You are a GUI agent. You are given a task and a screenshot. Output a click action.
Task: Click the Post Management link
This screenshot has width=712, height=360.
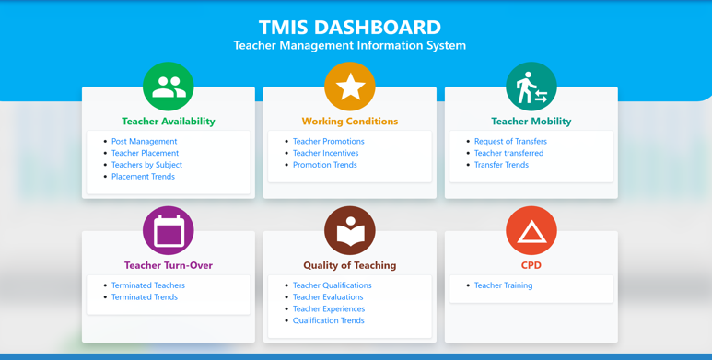145,141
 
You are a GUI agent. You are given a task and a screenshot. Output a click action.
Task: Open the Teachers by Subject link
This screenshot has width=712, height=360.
146,165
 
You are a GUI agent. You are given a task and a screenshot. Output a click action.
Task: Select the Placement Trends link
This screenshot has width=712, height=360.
143,177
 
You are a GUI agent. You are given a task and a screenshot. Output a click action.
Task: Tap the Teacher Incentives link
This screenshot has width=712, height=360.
325,153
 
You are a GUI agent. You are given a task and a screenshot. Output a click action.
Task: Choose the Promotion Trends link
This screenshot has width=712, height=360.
324,165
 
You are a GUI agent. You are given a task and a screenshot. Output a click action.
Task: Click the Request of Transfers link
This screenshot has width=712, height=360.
510,141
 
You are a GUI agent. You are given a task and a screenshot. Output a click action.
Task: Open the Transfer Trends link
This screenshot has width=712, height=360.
501,165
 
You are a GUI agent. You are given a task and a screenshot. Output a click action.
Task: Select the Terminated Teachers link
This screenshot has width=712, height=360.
148,285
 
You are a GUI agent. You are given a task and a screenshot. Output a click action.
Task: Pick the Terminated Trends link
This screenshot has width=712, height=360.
145,296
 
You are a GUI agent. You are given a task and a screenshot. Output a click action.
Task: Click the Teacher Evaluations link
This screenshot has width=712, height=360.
328,296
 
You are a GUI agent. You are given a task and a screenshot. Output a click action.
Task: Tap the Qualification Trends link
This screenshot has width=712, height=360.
328,320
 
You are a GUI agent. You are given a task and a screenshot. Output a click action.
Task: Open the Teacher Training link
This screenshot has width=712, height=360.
504,285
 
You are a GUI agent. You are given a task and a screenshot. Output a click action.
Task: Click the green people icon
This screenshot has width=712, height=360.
169,87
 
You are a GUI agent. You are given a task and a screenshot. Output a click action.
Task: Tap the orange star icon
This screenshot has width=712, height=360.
350,87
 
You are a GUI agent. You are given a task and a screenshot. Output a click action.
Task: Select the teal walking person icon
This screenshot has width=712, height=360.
531,87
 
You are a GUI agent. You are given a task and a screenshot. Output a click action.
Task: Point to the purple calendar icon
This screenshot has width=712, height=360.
169,230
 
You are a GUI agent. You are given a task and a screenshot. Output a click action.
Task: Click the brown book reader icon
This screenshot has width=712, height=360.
350,230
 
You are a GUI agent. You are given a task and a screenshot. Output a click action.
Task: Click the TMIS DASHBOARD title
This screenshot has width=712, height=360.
350,28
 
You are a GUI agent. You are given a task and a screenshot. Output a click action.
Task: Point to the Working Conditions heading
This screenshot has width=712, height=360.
350,122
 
